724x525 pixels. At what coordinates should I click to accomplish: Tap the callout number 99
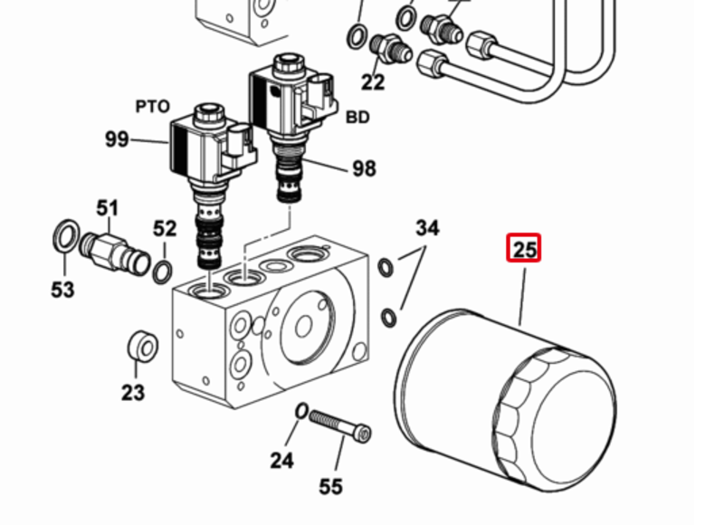click(x=117, y=139)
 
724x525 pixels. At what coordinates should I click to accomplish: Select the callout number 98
click(x=365, y=169)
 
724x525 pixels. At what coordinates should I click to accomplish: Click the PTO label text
click(x=152, y=107)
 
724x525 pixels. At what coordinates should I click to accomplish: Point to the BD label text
click(x=357, y=118)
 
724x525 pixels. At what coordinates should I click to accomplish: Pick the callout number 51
click(x=107, y=208)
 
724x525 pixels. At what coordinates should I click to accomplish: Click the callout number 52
click(x=165, y=229)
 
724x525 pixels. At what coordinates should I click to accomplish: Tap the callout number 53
click(x=62, y=290)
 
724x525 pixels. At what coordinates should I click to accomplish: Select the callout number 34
click(x=427, y=228)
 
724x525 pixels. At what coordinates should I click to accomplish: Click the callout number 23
click(x=133, y=394)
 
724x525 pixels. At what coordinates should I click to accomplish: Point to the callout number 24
click(x=281, y=461)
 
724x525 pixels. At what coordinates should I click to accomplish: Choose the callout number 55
click(x=331, y=487)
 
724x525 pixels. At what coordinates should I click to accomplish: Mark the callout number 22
click(x=373, y=82)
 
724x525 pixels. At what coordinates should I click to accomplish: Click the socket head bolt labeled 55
click(x=340, y=425)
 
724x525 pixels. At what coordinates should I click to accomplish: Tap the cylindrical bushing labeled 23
click(x=143, y=348)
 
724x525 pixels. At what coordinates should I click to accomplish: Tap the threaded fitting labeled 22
click(x=391, y=49)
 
